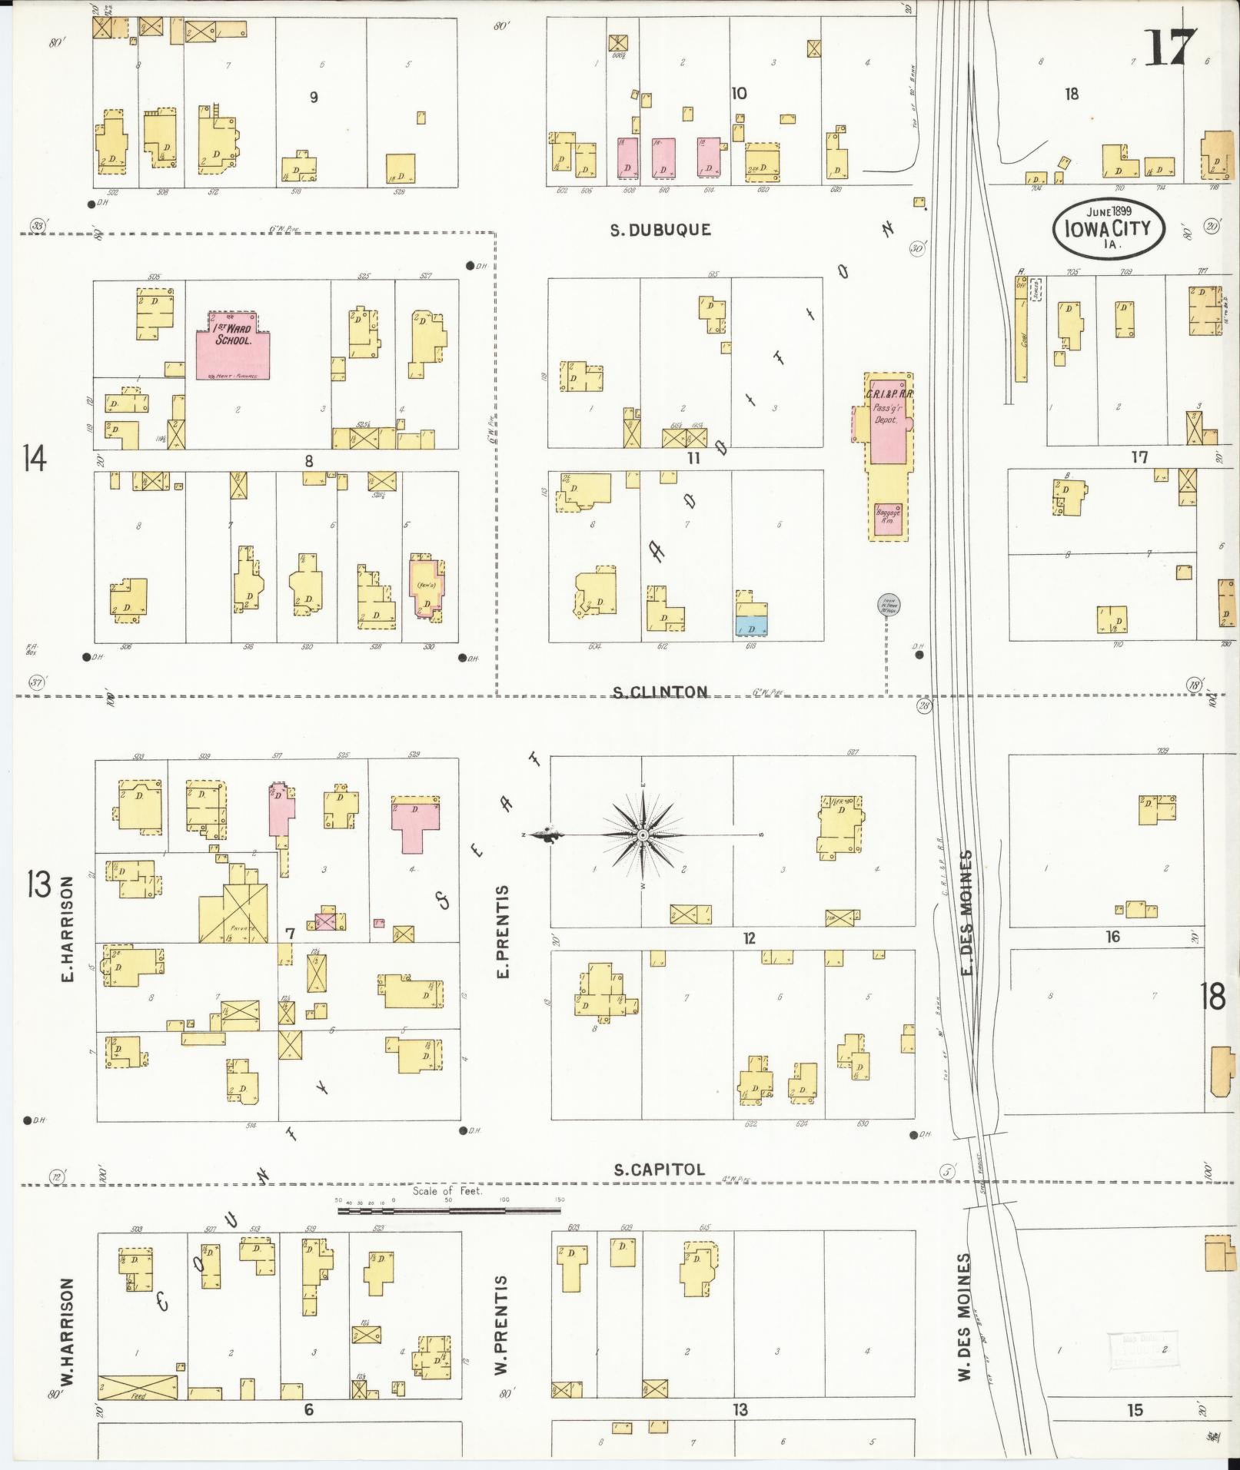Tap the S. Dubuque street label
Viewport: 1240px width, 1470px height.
tap(660, 230)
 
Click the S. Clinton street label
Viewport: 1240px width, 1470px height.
tap(660, 692)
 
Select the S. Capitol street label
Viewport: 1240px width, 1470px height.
tap(660, 1191)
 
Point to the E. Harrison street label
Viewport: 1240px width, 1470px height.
tap(67, 930)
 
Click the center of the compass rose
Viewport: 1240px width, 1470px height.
tap(642, 835)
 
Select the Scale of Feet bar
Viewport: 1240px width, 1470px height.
tap(449, 1210)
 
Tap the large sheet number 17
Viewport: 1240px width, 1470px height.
tap(1170, 50)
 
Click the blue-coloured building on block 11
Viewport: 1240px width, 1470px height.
tap(750, 626)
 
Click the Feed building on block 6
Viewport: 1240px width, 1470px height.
tap(138, 1388)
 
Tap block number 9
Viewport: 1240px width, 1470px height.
tap(314, 98)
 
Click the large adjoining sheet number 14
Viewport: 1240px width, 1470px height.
tap(35, 459)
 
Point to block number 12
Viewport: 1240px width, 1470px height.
tap(749, 937)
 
